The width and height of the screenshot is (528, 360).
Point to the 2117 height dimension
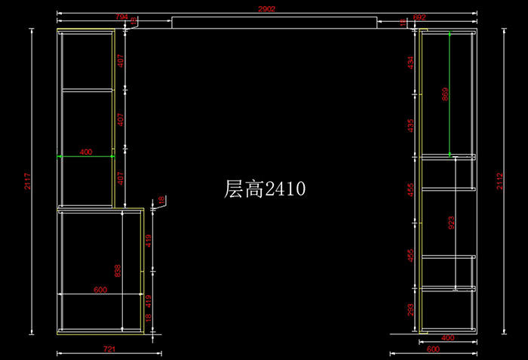[26, 181]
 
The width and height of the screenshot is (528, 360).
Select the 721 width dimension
[109, 349]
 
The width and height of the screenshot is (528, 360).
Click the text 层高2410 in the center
[265, 189]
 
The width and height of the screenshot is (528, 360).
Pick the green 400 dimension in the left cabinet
[85, 152]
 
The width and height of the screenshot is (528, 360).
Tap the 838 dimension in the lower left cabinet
[117, 271]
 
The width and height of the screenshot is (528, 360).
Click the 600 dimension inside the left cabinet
[100, 290]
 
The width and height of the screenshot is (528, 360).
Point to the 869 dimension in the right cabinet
[445, 94]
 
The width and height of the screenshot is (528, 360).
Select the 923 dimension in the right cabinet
[451, 223]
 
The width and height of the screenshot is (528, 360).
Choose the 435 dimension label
[411, 125]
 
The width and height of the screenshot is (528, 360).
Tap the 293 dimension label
[411, 309]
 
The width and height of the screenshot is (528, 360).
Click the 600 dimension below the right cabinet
[433, 349]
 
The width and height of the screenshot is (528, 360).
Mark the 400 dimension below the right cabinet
[447, 338]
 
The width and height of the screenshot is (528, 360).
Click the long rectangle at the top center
[274, 22]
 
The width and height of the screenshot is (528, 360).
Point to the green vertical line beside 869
[450, 94]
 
